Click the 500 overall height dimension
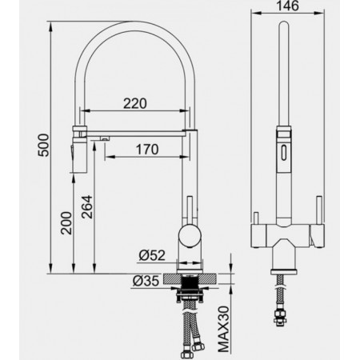click(44, 146)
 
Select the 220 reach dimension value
click(135, 104)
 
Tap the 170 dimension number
click(147, 150)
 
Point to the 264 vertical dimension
click(87, 207)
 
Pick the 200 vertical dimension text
click(66, 223)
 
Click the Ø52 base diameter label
click(152, 255)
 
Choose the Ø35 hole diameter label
click(146, 281)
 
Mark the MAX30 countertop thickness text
click(223, 330)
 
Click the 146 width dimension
click(287, 6)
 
